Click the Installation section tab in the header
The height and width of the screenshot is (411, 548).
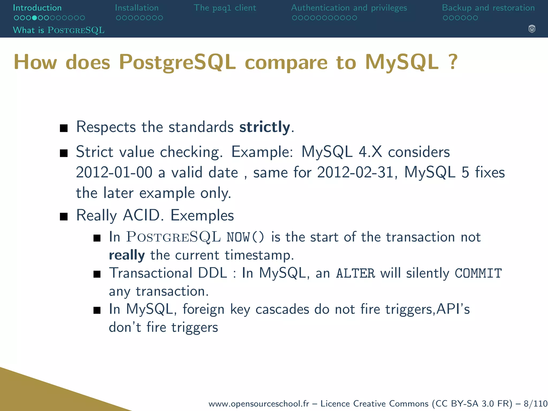137,8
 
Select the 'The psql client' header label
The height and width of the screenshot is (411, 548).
225,8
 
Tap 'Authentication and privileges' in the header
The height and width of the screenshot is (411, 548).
349,8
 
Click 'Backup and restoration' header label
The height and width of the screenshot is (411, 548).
488,8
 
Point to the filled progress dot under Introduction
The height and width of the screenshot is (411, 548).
34,18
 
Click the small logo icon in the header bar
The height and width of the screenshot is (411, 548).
532,29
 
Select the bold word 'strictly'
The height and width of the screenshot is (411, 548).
264,127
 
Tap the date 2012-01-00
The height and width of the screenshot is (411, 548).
114,172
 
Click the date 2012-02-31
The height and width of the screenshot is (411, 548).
355,172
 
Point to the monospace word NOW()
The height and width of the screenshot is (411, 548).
245,237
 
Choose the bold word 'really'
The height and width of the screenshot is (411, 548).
127,255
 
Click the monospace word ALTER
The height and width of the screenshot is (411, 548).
355,273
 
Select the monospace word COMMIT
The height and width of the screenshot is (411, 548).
478,273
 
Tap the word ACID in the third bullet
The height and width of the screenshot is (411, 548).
141,215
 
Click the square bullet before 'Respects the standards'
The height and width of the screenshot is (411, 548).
64,128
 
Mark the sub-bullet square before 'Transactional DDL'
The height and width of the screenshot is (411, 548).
97,274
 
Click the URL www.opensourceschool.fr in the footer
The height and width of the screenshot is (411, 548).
258,404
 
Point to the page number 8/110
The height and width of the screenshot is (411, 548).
536,404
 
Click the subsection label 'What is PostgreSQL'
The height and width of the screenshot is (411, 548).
59,30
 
